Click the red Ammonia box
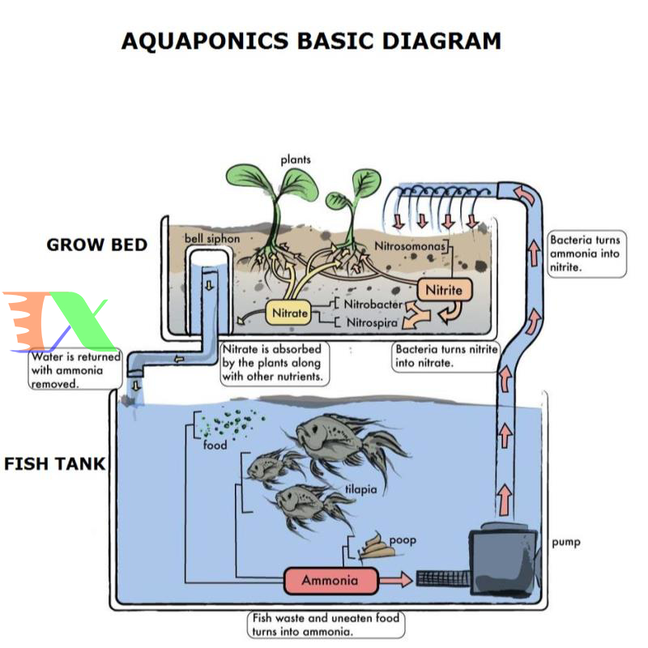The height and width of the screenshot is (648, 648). pos(331,580)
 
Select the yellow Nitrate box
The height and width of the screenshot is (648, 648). pos(289,313)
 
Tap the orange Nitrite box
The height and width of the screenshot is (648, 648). pos(444,290)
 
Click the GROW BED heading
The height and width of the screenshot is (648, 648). pos(97,244)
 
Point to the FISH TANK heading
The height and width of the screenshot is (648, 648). pos(55,464)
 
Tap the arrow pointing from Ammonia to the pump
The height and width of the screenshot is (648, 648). pos(396,580)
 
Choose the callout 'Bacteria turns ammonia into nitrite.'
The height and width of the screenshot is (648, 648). pos(586,254)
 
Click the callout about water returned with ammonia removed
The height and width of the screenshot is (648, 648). pos(75,370)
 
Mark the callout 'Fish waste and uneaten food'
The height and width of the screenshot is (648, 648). pos(325,624)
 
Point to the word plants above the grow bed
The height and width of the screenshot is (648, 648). pos(296,160)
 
